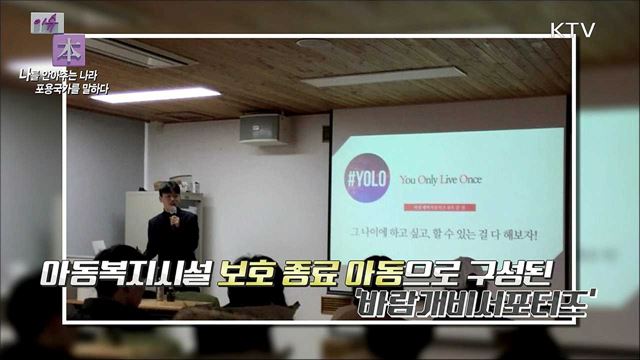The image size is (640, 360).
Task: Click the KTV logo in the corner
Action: coord(573,28)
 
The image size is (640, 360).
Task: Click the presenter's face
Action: coord(170,193)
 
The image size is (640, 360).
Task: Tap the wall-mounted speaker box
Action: coord(261,127)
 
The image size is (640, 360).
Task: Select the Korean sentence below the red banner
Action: coord(440,236)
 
